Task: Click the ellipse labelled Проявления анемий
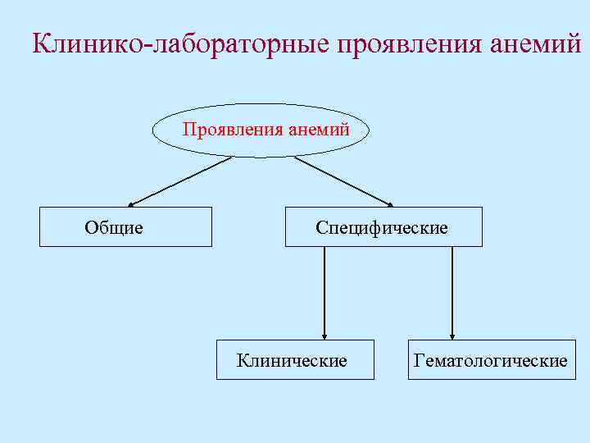261,130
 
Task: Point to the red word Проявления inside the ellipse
232,130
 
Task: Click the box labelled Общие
126,226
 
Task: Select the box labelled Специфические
383,226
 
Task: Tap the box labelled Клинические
295,359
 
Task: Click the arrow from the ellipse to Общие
180,180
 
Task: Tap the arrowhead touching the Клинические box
325,335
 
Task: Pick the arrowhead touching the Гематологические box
452,335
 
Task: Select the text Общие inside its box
114,227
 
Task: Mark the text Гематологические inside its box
492,360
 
